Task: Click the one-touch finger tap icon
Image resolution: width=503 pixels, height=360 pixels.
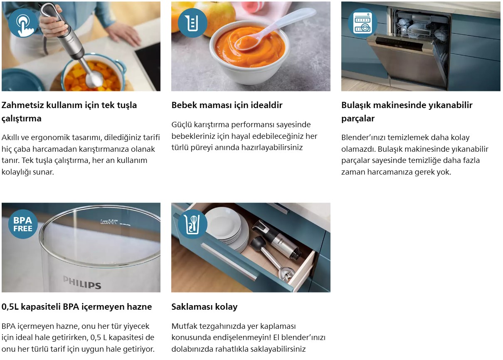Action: pyautogui.click(x=23, y=23)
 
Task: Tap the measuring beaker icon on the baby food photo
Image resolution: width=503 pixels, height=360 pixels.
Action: pyautogui.click(x=192, y=23)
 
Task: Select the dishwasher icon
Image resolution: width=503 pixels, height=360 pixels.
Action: pyautogui.click(x=362, y=23)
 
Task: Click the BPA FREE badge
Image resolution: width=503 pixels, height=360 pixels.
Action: pyautogui.click(x=23, y=224)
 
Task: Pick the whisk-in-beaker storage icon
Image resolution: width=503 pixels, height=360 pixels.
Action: pyautogui.click(x=192, y=224)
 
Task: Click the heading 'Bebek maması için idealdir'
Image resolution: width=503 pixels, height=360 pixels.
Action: pyautogui.click(x=227, y=105)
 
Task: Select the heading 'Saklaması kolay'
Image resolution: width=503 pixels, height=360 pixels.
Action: pyautogui.click(x=205, y=307)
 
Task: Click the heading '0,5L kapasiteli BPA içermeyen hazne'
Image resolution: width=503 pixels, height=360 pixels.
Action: pyautogui.click(x=76, y=307)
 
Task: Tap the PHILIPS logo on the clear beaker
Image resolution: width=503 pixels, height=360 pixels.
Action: pyautogui.click(x=82, y=282)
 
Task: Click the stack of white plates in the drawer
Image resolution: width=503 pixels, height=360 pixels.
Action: pyautogui.click(x=227, y=229)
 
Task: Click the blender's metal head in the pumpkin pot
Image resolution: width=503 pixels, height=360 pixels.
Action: pyautogui.click(x=94, y=79)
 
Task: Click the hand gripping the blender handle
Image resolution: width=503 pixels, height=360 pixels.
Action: pyautogui.click(x=54, y=22)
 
